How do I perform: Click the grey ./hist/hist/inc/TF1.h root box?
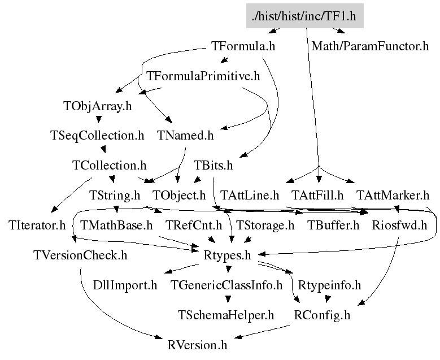point(305,16)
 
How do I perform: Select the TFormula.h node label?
point(243,46)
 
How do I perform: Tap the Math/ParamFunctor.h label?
point(370,46)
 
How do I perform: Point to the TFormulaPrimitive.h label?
point(203,76)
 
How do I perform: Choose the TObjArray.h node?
point(98,106)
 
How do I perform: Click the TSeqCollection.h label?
point(97,136)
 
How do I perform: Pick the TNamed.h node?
point(185,135)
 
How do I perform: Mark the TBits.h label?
point(214,166)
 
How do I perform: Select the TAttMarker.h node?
point(393,195)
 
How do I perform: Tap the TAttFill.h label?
point(317,195)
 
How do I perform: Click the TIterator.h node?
point(37,225)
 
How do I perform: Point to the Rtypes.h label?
point(227,255)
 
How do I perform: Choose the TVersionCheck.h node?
point(80,255)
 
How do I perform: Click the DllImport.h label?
point(125,285)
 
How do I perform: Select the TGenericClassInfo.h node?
point(226,285)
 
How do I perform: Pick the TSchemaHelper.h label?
point(226,315)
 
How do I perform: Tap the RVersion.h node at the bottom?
point(197,345)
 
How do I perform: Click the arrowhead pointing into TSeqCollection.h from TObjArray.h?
point(98,120)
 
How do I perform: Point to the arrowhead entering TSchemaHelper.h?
point(228,300)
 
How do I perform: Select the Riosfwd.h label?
point(399,225)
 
